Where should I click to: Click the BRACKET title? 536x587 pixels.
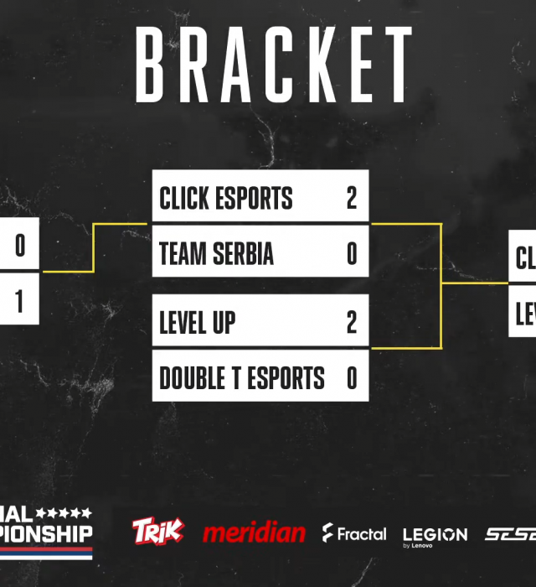(274, 65)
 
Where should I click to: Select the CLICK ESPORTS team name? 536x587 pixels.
(226, 199)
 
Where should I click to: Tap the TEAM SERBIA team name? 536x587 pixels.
(216, 254)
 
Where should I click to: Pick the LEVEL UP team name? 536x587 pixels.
(198, 323)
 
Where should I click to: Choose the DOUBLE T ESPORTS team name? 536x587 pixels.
(241, 378)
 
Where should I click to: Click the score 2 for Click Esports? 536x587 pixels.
(351, 199)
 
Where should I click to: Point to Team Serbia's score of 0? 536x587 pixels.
(352, 254)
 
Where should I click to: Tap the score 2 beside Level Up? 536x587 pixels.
(352, 323)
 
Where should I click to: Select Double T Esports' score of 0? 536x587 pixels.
(352, 378)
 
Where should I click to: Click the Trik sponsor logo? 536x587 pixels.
(157, 531)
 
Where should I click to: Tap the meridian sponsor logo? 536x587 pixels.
(254, 532)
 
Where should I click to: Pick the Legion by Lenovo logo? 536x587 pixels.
(435, 536)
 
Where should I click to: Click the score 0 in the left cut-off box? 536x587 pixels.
(20, 246)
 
